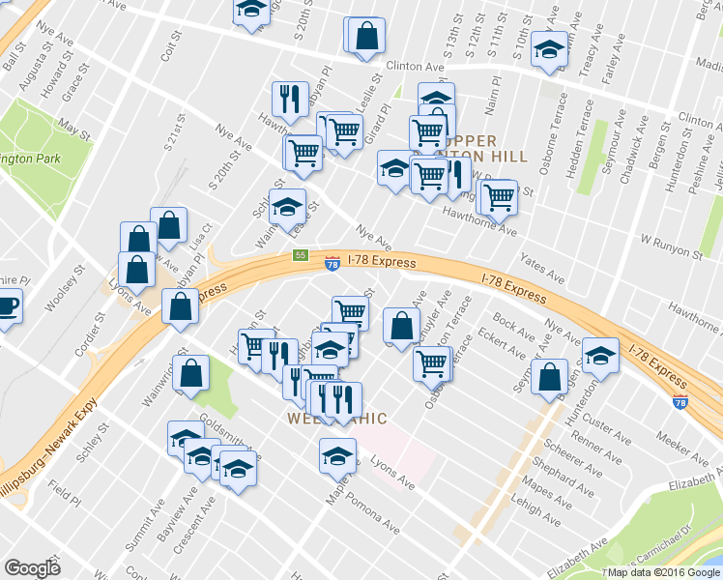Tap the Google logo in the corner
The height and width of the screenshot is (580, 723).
click(33, 568)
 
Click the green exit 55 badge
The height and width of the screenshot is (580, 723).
click(301, 255)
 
